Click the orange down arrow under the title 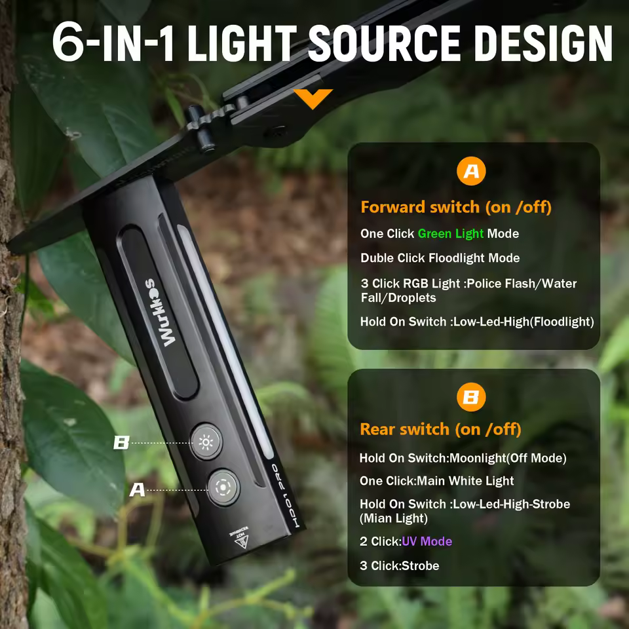[x=313, y=99]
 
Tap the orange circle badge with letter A [x=471, y=172]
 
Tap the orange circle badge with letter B [x=471, y=397]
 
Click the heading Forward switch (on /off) [x=456, y=208]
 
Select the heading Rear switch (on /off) [x=440, y=429]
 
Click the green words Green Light [x=451, y=233]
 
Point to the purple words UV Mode [x=427, y=541]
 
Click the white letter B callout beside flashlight [x=122, y=443]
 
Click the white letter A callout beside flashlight [x=137, y=489]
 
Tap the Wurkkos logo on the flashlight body [x=159, y=312]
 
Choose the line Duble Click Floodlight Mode [x=440, y=258]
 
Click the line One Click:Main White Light [x=436, y=481]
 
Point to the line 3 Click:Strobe [x=399, y=565]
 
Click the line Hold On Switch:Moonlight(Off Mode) [x=463, y=458]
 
